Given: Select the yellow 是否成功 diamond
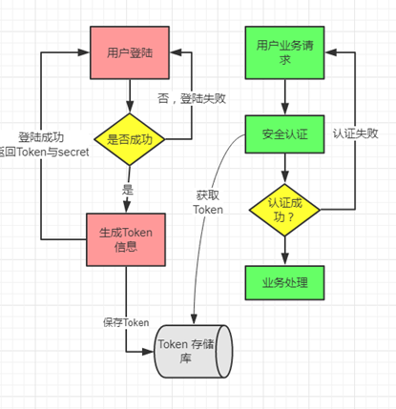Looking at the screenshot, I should point(129,140).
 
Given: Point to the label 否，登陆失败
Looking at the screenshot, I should point(192,98).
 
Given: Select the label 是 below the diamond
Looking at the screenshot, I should point(128,189).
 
